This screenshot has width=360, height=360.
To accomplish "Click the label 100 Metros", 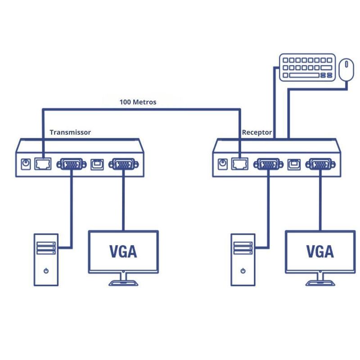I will click(x=138, y=102).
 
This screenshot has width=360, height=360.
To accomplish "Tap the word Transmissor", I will click(x=70, y=132).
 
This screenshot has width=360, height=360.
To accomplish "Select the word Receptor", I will click(x=257, y=132).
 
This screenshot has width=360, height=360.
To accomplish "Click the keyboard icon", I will click(x=307, y=67).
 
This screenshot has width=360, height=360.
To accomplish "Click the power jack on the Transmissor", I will click(x=26, y=164).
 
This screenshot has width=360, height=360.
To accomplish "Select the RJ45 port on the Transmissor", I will click(x=43, y=164).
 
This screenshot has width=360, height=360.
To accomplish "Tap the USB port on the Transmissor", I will click(x=97, y=164).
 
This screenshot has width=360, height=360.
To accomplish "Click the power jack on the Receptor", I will click(x=222, y=164).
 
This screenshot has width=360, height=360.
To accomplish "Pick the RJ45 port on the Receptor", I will click(x=240, y=164).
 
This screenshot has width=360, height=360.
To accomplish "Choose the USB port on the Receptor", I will click(x=294, y=164).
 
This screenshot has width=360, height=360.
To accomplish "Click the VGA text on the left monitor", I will click(x=123, y=251).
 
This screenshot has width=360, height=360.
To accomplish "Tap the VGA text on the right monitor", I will click(x=320, y=251).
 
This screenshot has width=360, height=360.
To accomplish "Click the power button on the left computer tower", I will click(x=46, y=271).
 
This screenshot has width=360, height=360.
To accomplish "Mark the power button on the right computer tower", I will click(x=243, y=271).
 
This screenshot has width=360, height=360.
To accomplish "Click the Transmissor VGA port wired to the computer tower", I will click(x=70, y=164).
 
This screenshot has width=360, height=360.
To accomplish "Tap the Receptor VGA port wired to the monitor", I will click(x=320, y=164).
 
